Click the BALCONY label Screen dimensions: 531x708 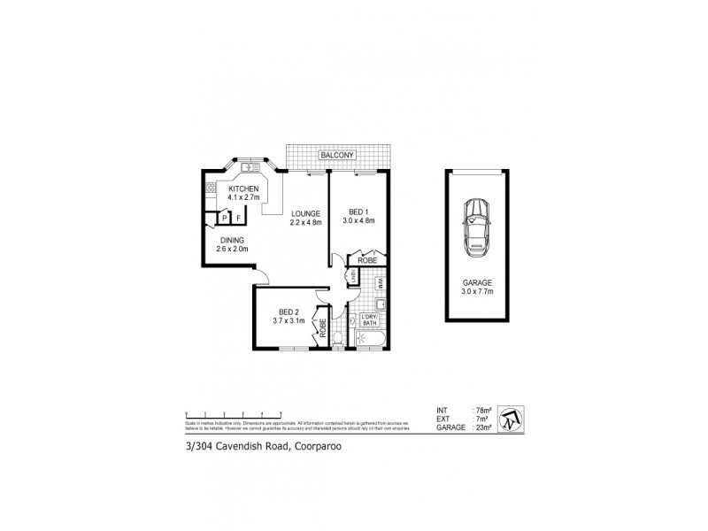[335, 155]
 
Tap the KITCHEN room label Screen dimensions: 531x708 [243, 189]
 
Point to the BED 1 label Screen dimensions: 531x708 [356, 213]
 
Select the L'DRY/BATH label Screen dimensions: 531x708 [370, 322]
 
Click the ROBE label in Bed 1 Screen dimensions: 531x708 [367, 261]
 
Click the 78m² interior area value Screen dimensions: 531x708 [484, 409]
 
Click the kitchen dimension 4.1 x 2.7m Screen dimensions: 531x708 [243, 198]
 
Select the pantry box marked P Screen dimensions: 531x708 [226, 216]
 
